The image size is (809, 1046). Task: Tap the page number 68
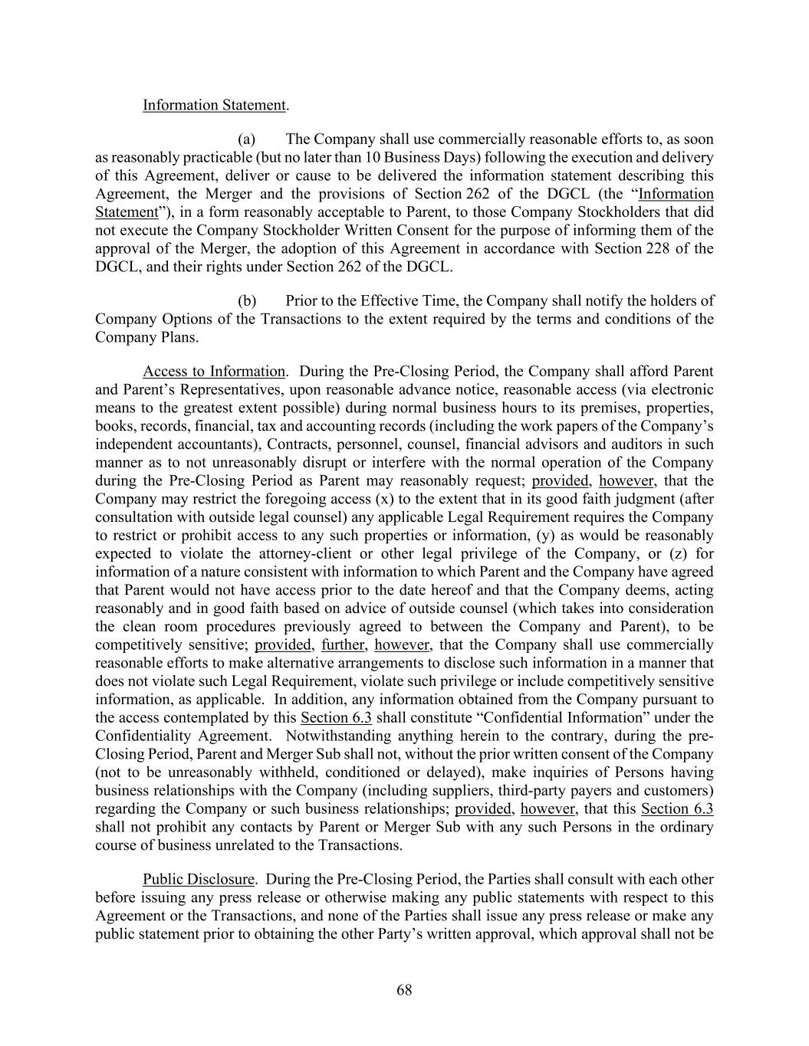click(404, 990)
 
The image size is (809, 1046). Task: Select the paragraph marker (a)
click(246, 139)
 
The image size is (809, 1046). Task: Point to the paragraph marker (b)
click(246, 301)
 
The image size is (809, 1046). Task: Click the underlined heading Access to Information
click(214, 372)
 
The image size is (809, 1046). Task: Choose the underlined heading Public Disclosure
click(199, 879)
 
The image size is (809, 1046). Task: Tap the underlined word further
click(343, 644)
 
